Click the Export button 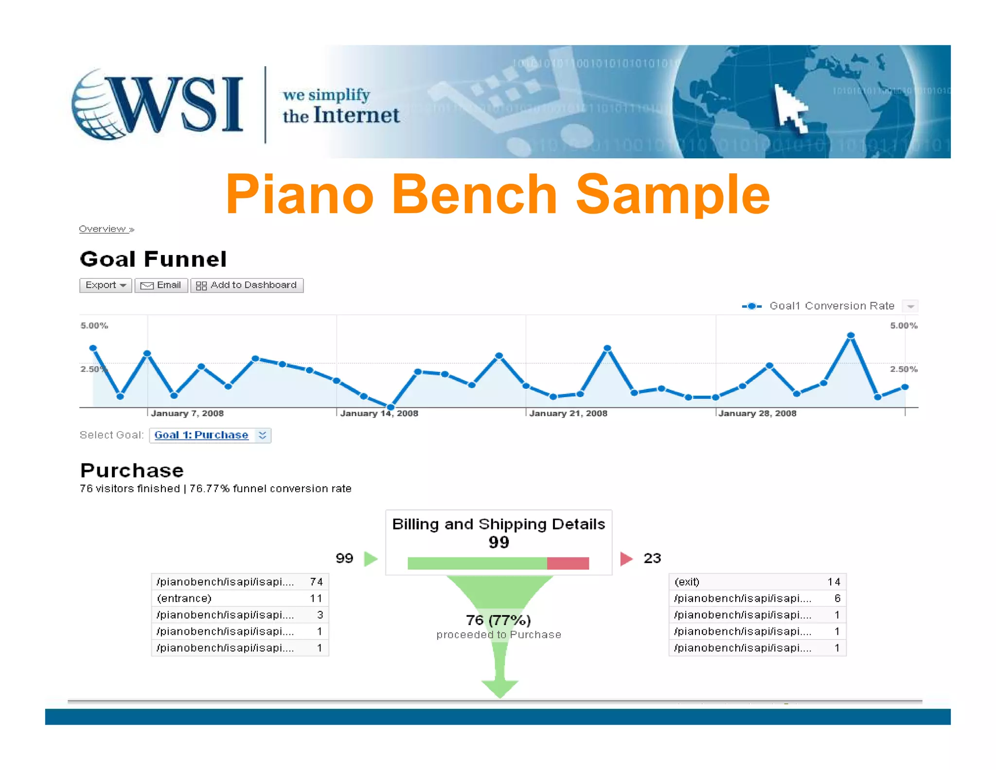[105, 285]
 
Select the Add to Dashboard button [247, 285]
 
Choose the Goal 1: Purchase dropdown [210, 435]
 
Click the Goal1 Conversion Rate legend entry [831, 306]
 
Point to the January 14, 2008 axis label [379, 413]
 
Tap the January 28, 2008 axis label [757, 413]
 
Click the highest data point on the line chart [851, 335]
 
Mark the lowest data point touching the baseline [391, 406]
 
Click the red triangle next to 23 [626, 558]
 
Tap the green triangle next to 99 [371, 558]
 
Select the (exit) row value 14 [834, 582]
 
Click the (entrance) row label [184, 598]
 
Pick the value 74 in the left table [316, 582]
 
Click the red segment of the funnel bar [568, 564]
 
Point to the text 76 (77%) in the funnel [498, 620]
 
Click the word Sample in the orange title [673, 195]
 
